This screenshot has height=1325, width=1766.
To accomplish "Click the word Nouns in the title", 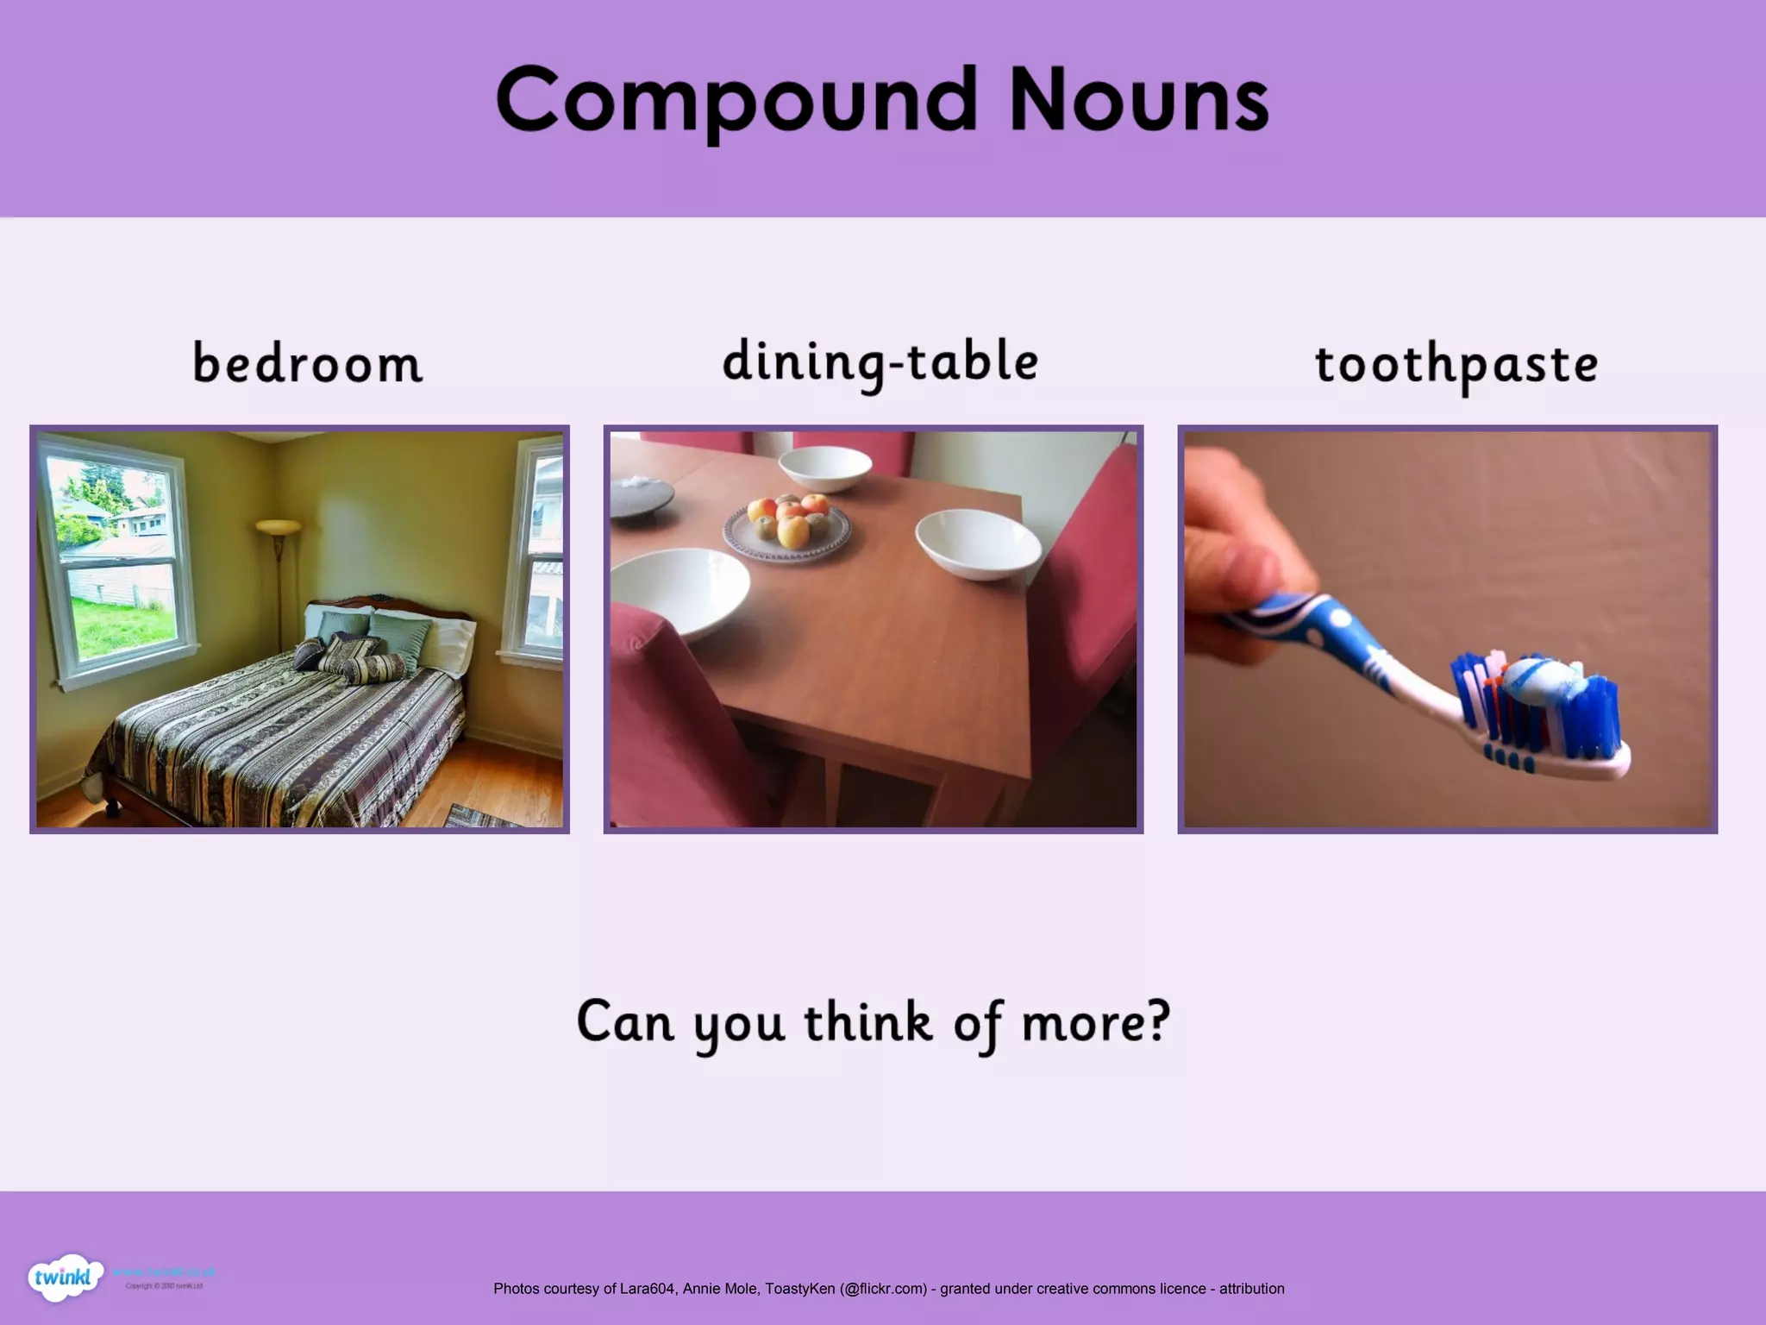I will [x=1138, y=101].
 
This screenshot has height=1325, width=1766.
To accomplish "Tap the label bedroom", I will [x=307, y=363].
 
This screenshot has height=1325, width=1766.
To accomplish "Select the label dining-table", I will [x=880, y=362].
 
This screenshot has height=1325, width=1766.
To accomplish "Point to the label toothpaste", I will [x=1456, y=365].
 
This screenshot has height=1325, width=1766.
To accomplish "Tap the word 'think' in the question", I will [x=867, y=1022].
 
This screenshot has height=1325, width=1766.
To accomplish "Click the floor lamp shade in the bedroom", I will [x=278, y=525].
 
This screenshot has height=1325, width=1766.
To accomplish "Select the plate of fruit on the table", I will [x=786, y=523].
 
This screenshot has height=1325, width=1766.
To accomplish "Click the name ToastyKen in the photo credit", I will [x=799, y=1289].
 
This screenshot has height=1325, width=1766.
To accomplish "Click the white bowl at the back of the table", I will [x=824, y=468].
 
